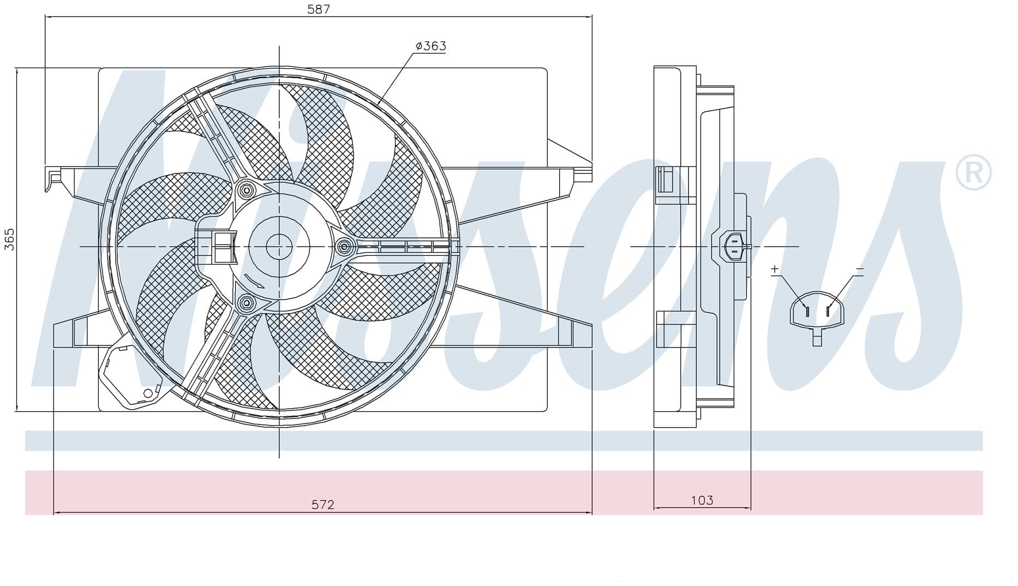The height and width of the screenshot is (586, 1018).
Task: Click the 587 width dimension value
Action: coord(319,9)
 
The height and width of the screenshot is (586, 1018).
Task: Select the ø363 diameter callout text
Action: coord(430,46)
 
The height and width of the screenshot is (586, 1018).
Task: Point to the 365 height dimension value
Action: coord(9,240)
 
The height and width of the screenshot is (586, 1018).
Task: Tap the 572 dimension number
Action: coord(322,505)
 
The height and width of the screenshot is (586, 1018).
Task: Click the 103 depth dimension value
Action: coord(702,500)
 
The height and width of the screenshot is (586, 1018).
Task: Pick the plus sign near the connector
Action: coord(775,269)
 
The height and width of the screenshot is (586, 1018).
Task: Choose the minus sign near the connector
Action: coord(860,269)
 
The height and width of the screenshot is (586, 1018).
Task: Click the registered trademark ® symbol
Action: coord(973,173)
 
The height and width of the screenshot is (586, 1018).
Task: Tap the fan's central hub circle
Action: coord(279,247)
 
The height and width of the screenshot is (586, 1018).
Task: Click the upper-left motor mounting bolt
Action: coord(246,191)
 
